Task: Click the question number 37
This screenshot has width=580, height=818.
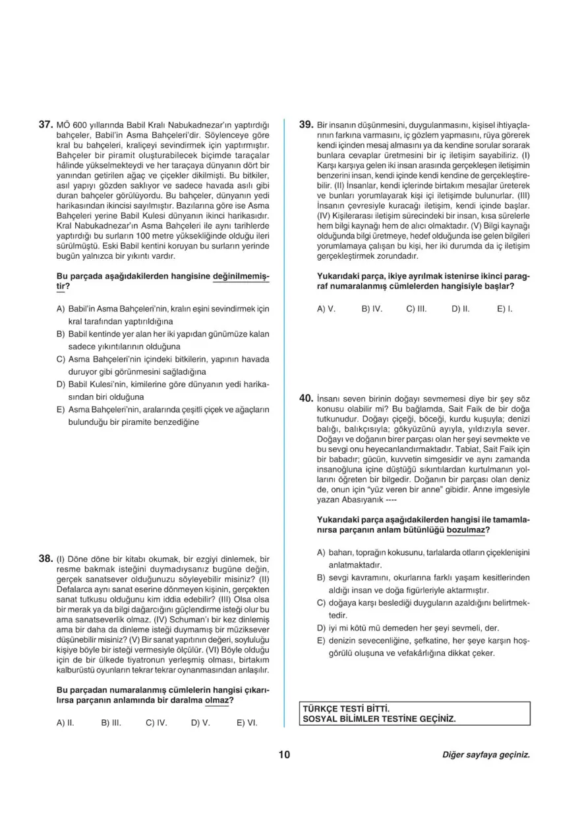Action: pos(45,124)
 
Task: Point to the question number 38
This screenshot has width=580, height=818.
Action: pos(45,559)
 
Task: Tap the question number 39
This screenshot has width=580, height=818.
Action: pos(306,124)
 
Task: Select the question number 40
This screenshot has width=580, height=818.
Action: pos(306,398)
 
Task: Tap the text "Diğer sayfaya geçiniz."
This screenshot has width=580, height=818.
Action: pos(486,755)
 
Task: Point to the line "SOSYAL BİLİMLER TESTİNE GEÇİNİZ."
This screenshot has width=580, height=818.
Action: pos(378,719)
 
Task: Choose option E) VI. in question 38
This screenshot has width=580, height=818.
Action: pos(247,723)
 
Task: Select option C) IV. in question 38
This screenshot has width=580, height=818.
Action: pos(156,723)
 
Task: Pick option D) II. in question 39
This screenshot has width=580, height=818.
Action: pos(461,308)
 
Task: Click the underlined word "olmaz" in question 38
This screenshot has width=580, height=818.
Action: pos(217,700)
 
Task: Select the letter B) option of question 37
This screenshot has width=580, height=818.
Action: pos(61,334)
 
